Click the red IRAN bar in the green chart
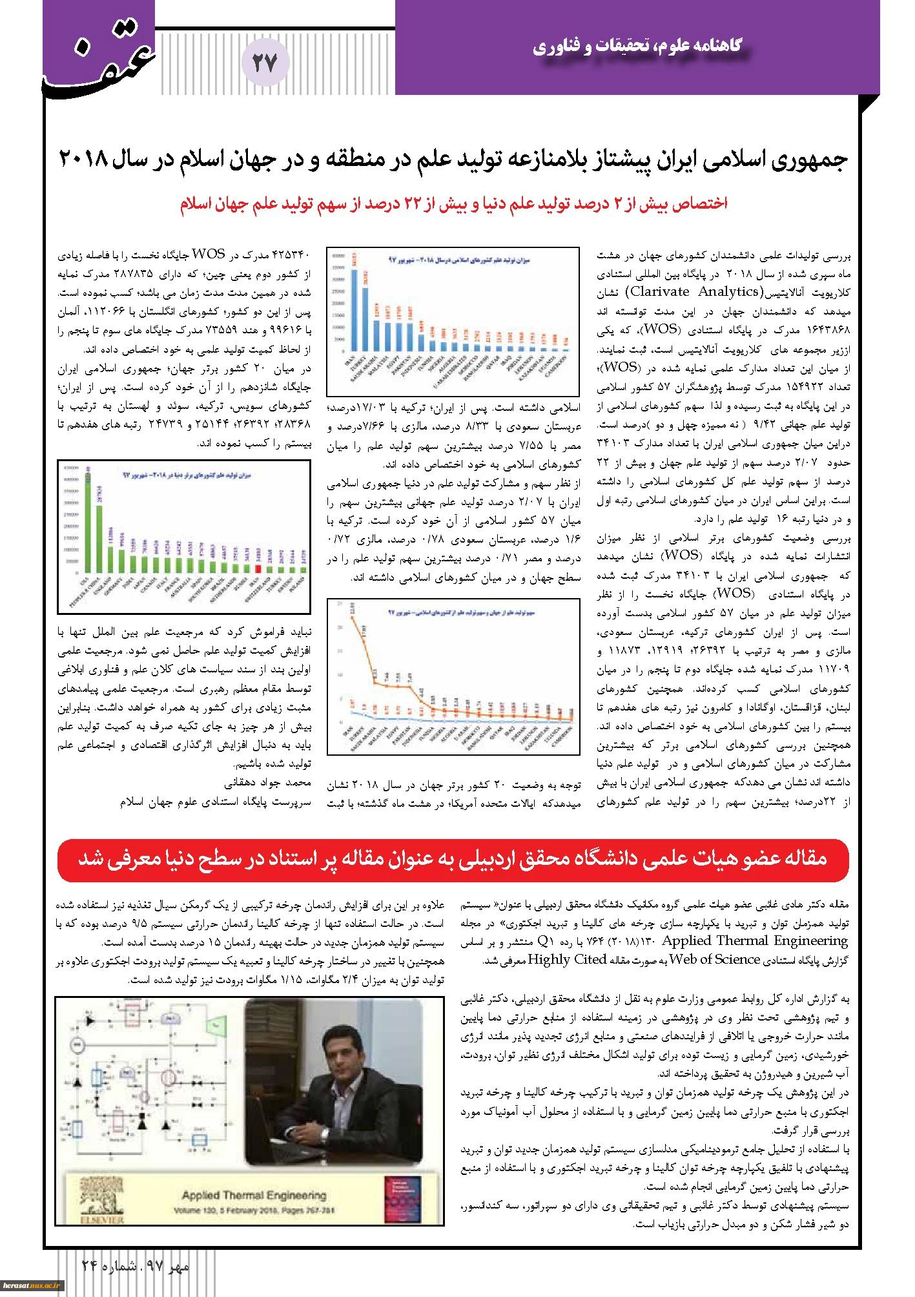(x=258, y=568)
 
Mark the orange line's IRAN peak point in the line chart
(x=351, y=617)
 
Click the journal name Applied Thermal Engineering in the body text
(x=756, y=940)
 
